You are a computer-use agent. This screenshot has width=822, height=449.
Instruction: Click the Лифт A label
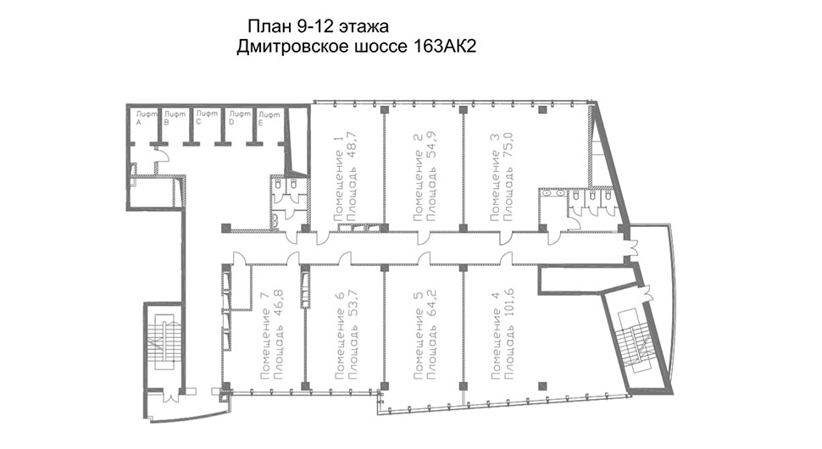click(x=145, y=118)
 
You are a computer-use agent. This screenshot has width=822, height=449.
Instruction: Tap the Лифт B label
click(x=174, y=118)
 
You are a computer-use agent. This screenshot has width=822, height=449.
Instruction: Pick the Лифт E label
click(x=269, y=119)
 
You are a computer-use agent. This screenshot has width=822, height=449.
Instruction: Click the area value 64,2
click(x=432, y=306)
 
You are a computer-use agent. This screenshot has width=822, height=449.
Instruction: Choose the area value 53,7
click(x=353, y=306)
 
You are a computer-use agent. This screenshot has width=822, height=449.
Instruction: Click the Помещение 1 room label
click(x=339, y=177)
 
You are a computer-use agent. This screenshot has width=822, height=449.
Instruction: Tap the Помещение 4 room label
click(x=495, y=335)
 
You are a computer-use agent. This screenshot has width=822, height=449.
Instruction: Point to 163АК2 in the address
click(x=445, y=47)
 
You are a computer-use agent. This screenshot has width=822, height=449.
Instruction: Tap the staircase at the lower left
click(x=164, y=341)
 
